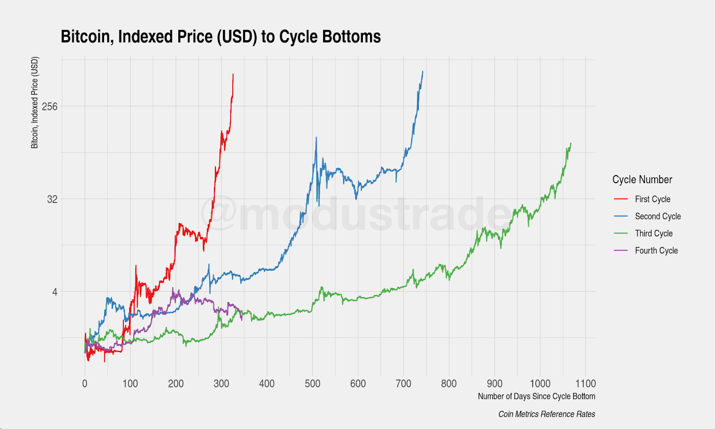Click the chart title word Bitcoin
pyautogui.click(x=87, y=37)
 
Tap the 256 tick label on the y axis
pyautogui.click(x=50, y=106)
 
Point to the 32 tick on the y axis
pyautogui.click(x=52, y=199)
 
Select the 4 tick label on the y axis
pyautogui.click(x=55, y=292)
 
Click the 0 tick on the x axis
pyautogui.click(x=85, y=383)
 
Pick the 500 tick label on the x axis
pyautogui.click(x=312, y=383)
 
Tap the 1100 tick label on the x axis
pyautogui.click(x=585, y=383)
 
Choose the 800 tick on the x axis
pyautogui.click(x=449, y=383)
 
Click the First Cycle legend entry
pyautogui.click(x=652, y=199)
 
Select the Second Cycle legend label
pyautogui.click(x=658, y=216)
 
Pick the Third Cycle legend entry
pyautogui.click(x=654, y=234)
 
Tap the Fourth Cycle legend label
pyautogui.click(x=656, y=251)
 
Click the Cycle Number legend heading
pyautogui.click(x=642, y=180)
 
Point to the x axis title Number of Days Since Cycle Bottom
pyautogui.click(x=536, y=396)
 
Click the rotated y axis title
pyautogui.click(x=35, y=103)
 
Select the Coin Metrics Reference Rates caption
pyautogui.click(x=547, y=414)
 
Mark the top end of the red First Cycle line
pyautogui.click(x=233, y=74)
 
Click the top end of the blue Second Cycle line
pyautogui.click(x=423, y=71)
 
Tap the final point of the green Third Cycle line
pyautogui.click(x=571, y=143)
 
